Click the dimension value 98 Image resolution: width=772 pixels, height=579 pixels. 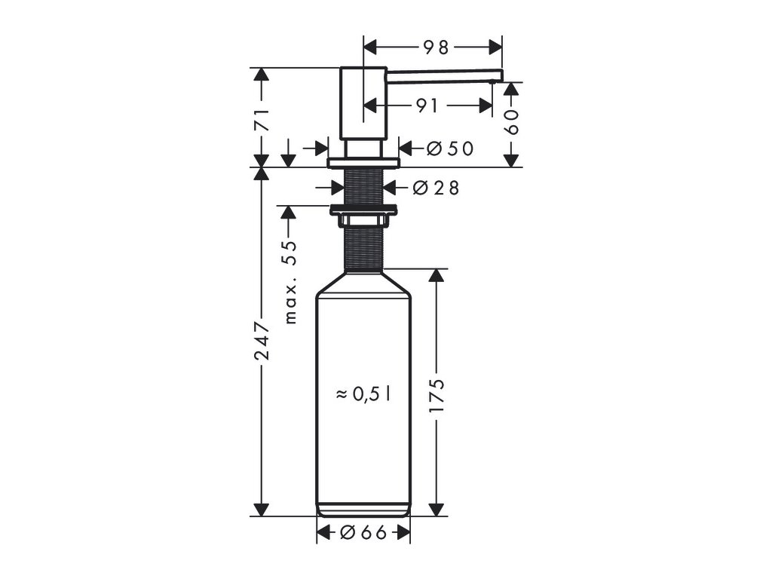click(x=437, y=47)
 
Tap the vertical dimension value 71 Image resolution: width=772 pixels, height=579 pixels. click(x=262, y=119)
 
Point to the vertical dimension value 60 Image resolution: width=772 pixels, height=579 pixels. click(x=512, y=122)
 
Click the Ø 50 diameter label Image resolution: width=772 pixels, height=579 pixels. click(x=450, y=149)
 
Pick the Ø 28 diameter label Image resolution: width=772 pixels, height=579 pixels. click(x=436, y=188)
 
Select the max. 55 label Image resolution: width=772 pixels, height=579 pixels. click(x=291, y=282)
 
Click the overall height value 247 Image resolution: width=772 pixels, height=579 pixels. click(x=262, y=341)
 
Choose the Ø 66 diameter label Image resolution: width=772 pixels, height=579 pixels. click(x=363, y=532)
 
